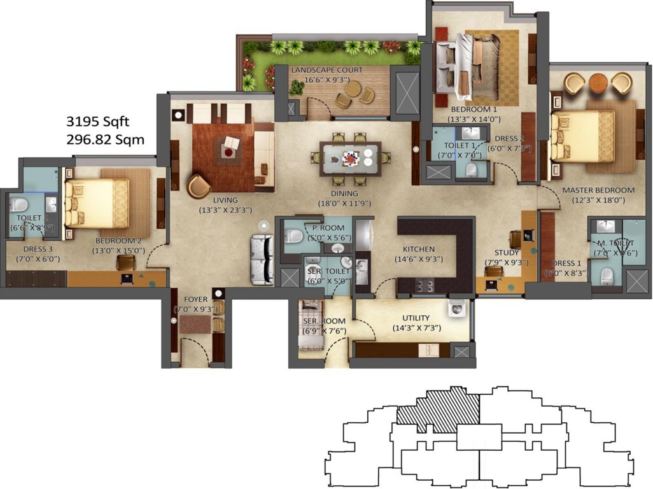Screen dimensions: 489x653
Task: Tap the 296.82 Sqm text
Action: (105, 139)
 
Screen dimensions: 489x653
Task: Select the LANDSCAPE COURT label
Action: (326, 70)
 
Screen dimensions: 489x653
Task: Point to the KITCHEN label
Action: (418, 249)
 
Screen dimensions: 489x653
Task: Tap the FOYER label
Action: (195, 299)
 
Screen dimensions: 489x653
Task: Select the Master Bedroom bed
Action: (582, 136)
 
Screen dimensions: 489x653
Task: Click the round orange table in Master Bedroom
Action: (598, 82)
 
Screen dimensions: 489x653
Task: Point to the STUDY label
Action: (507, 253)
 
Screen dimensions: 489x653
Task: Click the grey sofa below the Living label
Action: (262, 260)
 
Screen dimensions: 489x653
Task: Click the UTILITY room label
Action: (416, 318)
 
